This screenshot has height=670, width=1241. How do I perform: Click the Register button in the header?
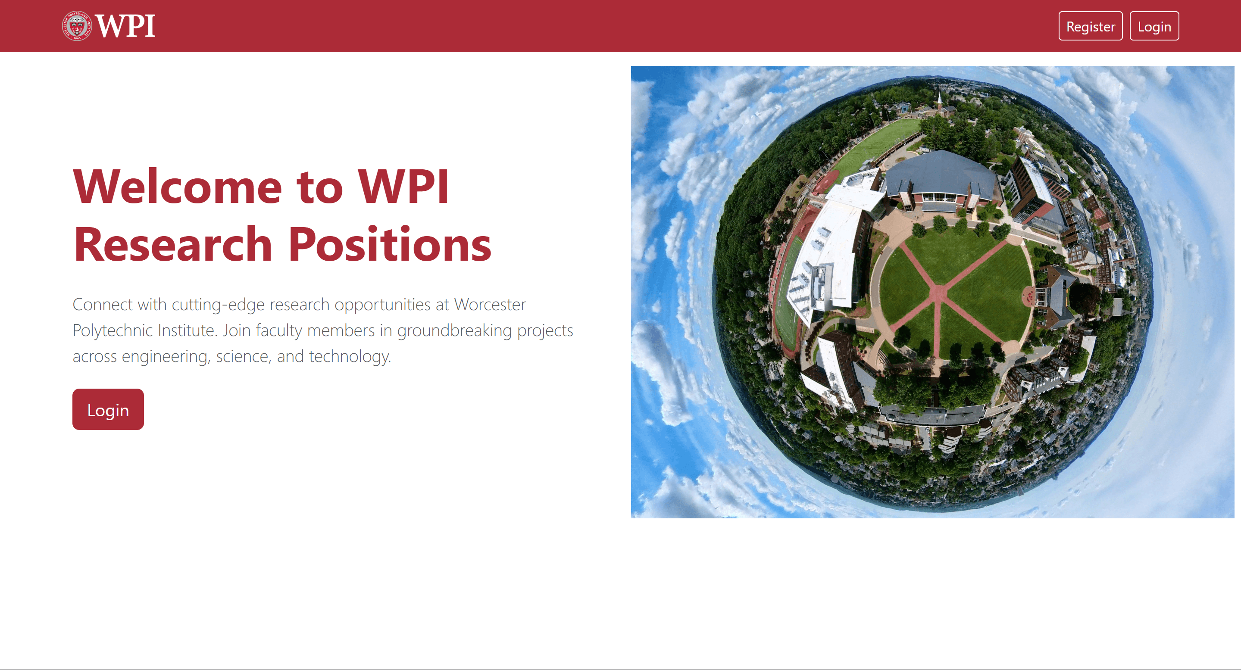click(1090, 26)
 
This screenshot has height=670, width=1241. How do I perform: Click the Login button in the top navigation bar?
click(1154, 26)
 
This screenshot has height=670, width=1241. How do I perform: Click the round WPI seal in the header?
click(77, 26)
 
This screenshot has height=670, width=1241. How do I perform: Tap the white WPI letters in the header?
click(125, 26)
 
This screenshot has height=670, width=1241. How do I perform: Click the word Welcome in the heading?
click(177, 187)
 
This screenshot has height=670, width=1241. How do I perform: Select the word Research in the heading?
click(173, 244)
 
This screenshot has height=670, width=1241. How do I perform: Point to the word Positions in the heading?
click(390, 244)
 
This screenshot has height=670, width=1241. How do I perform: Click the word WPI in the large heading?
click(403, 187)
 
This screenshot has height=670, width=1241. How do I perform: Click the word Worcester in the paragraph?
click(490, 305)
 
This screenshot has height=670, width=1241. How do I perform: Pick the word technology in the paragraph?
click(350, 356)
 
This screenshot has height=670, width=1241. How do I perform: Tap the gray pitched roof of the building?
click(939, 173)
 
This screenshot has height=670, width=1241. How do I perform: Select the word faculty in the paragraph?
click(279, 330)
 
